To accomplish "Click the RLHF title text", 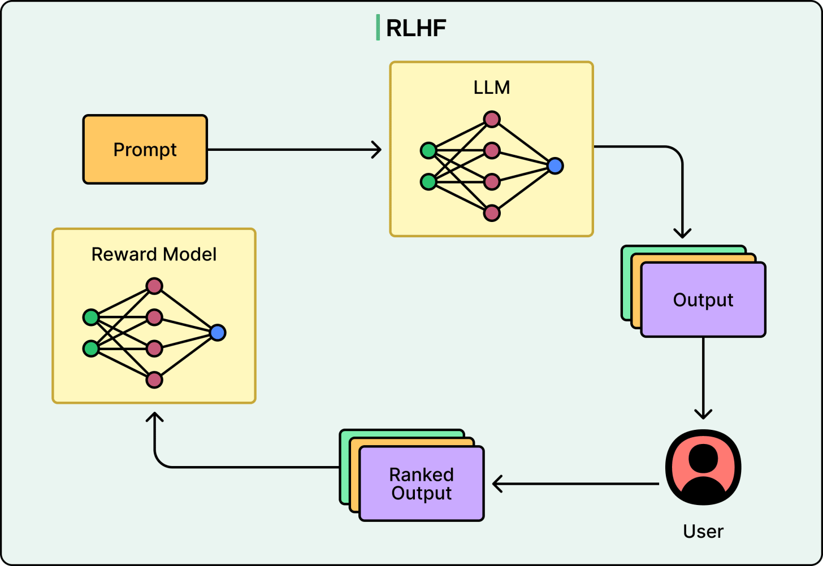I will point(416,28).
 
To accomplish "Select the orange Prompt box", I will point(145,150).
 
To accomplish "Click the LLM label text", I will point(492,88).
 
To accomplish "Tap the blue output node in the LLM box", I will point(555,166).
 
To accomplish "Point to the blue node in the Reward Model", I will point(218,333).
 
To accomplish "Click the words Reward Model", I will point(154,254).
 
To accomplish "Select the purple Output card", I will point(703,300).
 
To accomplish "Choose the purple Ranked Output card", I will point(422,484).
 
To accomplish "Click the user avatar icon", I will point(703,467).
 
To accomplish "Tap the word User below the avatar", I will point(703,532).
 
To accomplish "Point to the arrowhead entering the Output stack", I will point(682,233).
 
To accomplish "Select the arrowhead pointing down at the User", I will point(703,414).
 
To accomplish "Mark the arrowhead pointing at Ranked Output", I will point(497,484).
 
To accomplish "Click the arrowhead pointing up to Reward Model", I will point(154,417).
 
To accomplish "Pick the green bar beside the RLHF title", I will point(378,28).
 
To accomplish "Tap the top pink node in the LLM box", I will point(492,119).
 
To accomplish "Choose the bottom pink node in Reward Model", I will point(154,380).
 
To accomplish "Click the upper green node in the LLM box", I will point(428,151).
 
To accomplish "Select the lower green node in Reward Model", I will point(91,349).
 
